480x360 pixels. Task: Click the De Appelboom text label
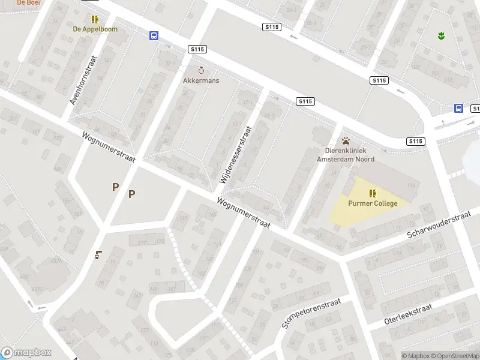(x=95, y=29)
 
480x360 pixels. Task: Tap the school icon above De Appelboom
(x=95, y=19)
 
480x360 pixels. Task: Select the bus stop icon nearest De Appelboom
(x=154, y=36)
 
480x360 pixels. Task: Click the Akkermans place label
(x=201, y=80)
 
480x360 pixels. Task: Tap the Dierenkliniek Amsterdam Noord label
(x=346, y=155)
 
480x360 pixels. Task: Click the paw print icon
(x=346, y=141)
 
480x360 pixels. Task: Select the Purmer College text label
(x=373, y=203)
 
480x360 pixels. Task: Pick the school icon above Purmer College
(x=373, y=193)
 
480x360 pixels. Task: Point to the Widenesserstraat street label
(x=235, y=154)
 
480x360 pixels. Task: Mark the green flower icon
(x=442, y=35)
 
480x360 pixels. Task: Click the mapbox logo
(x=26, y=353)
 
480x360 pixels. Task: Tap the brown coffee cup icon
(x=98, y=255)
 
